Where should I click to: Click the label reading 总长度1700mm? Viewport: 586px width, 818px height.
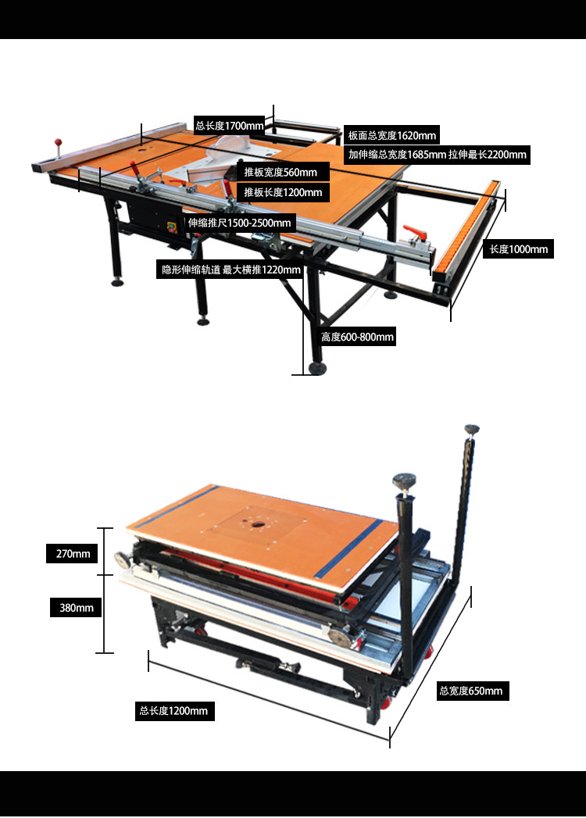(x=229, y=126)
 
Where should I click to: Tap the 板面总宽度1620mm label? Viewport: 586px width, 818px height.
(x=392, y=136)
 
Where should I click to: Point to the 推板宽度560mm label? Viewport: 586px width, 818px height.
(x=281, y=172)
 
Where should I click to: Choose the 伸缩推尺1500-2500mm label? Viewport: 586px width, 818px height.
(x=240, y=223)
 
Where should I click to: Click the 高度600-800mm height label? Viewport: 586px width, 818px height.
(x=357, y=337)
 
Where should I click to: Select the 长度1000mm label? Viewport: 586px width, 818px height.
(x=519, y=249)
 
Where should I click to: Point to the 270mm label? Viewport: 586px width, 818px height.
(x=73, y=554)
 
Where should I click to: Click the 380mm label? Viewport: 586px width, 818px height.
(x=77, y=608)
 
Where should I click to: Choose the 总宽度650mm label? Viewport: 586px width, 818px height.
(x=471, y=691)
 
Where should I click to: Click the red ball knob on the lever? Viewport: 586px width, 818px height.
(x=58, y=141)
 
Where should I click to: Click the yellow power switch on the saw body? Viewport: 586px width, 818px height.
(x=172, y=227)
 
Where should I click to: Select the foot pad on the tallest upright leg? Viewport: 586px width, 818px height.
(x=472, y=430)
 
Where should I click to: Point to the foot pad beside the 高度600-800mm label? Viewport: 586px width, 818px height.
(x=316, y=368)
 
